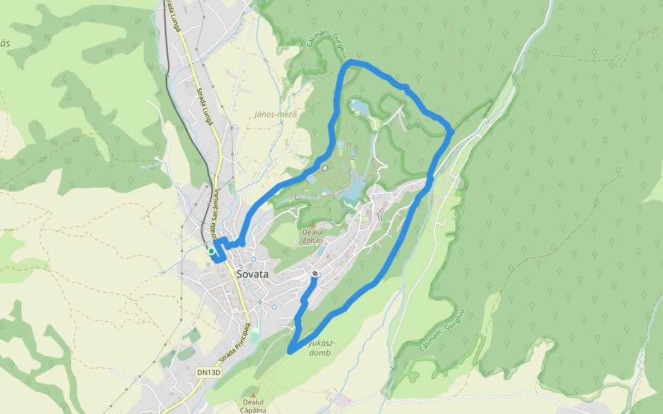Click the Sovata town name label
coord(252,273)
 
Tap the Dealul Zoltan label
coord(312,237)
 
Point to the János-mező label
coord(276,114)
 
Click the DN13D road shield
coord(208,373)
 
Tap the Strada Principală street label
coord(236,343)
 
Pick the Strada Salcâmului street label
coord(215,208)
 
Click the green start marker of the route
coord(211,251)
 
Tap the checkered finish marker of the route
coord(315,274)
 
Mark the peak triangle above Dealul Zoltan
coord(312,225)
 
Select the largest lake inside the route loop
coord(353,188)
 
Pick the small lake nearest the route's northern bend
coord(359,107)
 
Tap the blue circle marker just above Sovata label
coord(253,259)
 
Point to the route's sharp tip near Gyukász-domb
coord(289,352)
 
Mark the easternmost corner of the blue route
coord(452,129)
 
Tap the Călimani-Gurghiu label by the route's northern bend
coord(325,46)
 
